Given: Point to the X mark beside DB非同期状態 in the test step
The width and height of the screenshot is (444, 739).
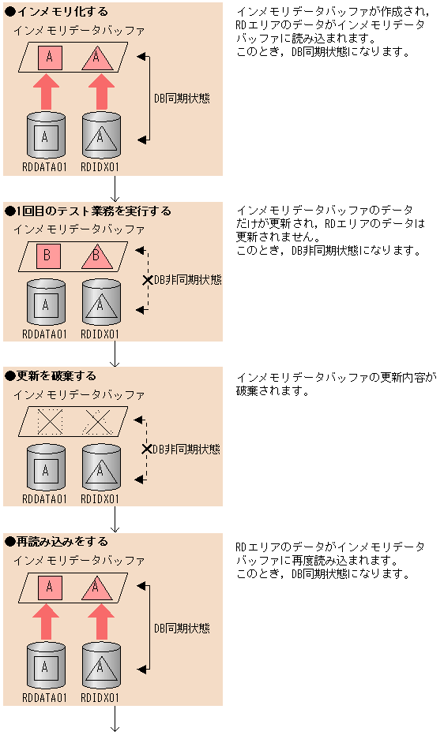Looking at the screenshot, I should [x=146, y=280].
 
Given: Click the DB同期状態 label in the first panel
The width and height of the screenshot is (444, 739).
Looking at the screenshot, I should [x=182, y=99].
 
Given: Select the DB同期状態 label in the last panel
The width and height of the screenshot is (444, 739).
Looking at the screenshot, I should [x=182, y=629].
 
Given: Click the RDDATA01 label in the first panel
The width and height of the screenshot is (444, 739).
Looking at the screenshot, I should [x=45, y=167].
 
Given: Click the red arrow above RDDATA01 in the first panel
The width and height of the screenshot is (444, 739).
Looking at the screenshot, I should [x=49, y=92].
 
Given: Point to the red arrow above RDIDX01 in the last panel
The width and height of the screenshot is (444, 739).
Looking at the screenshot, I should [x=100, y=621].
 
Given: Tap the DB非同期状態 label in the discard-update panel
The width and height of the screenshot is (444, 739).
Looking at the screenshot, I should [x=186, y=449].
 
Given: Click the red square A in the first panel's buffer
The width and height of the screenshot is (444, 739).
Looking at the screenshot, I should [x=50, y=57].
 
